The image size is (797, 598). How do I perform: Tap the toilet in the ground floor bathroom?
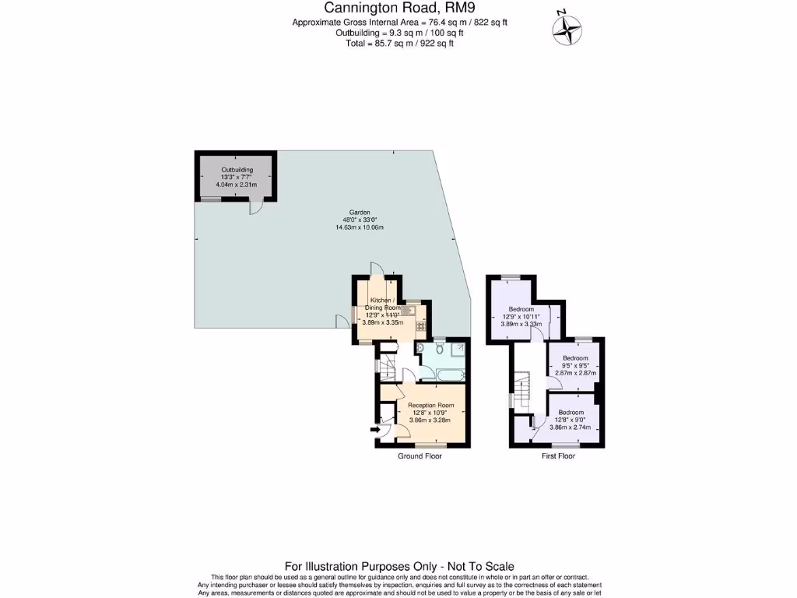(x=440, y=350)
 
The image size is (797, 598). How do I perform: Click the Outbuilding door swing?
(x=256, y=206)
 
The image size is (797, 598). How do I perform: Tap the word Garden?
(x=359, y=213)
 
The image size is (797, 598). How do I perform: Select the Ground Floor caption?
(x=420, y=456)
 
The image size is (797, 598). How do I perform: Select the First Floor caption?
(x=558, y=456)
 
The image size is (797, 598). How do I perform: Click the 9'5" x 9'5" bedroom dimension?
(x=575, y=365)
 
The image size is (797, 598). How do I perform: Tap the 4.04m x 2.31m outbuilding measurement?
(x=237, y=184)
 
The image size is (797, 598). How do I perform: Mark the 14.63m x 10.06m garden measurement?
(x=359, y=227)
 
